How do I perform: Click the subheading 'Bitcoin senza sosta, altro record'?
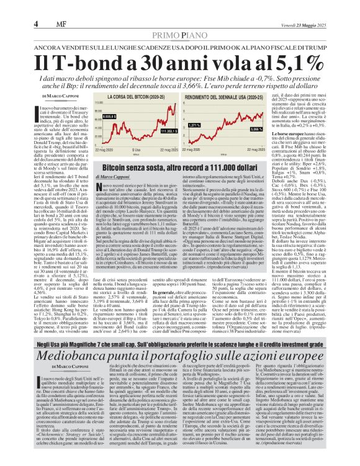pos(161,184)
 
